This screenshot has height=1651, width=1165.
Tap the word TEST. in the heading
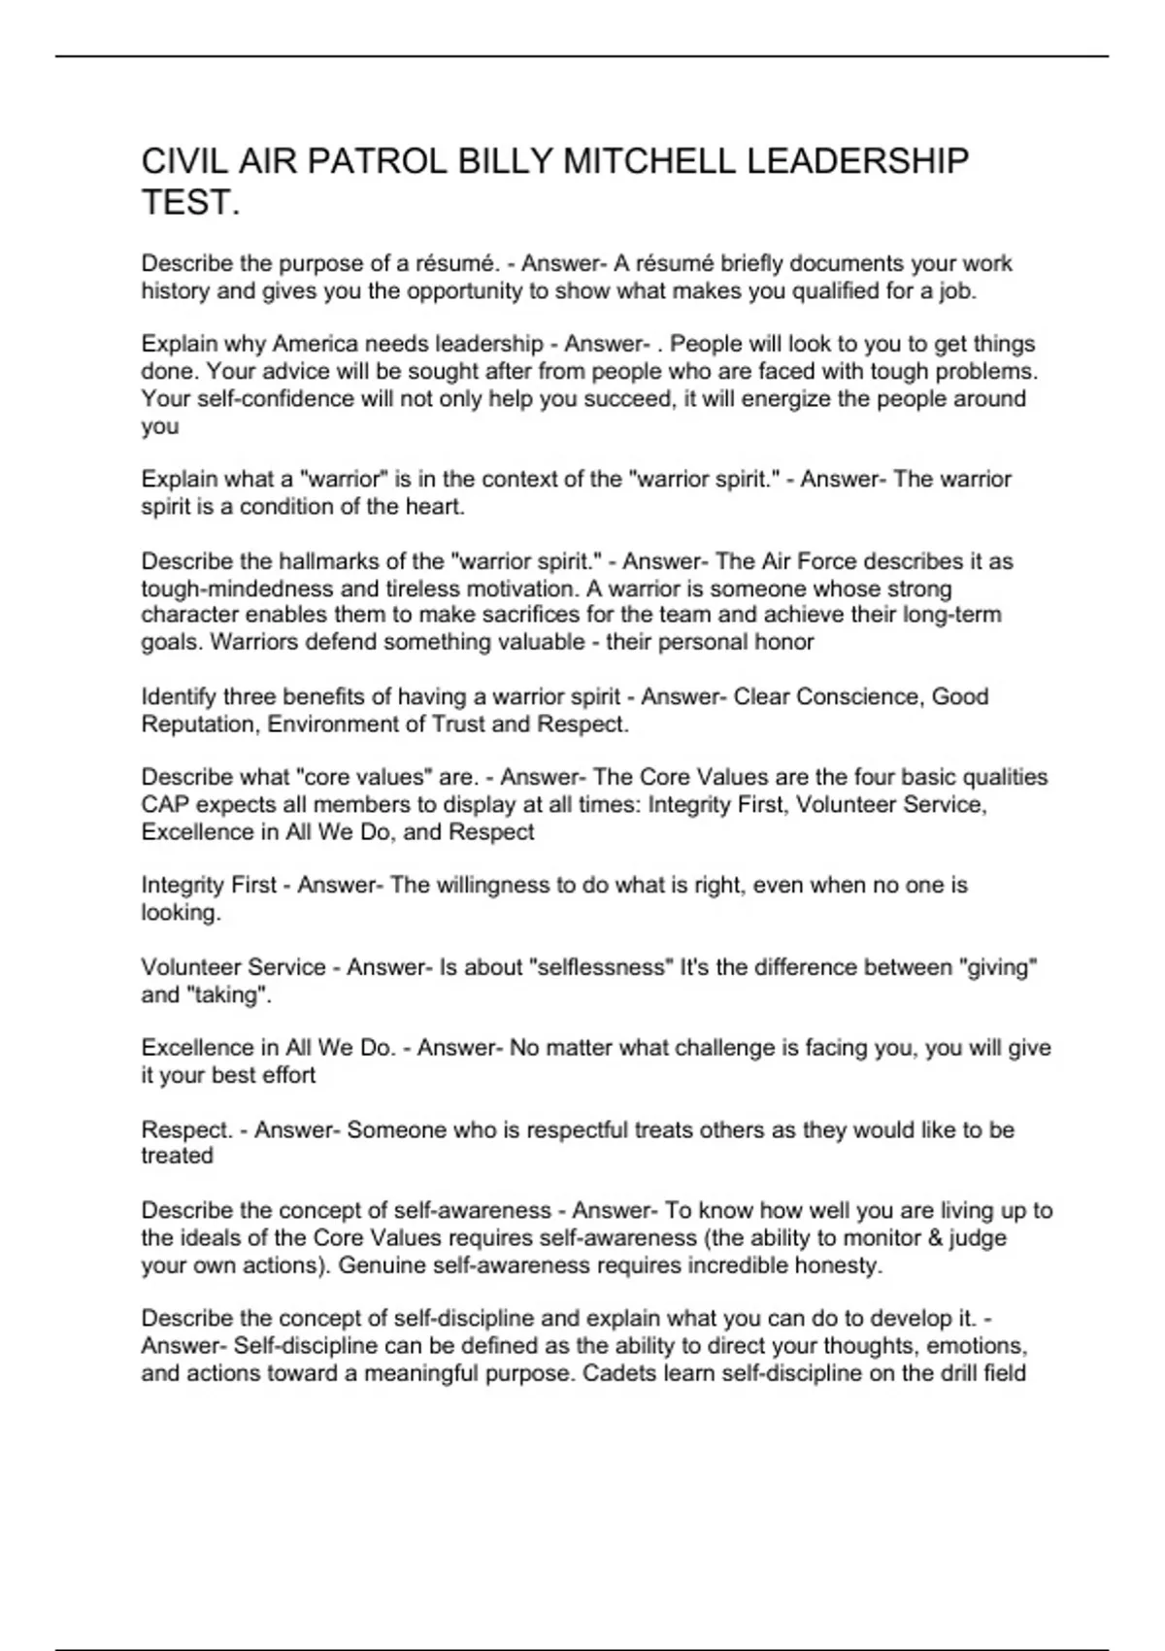[190, 203]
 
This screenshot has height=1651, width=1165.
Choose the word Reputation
[200, 724]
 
